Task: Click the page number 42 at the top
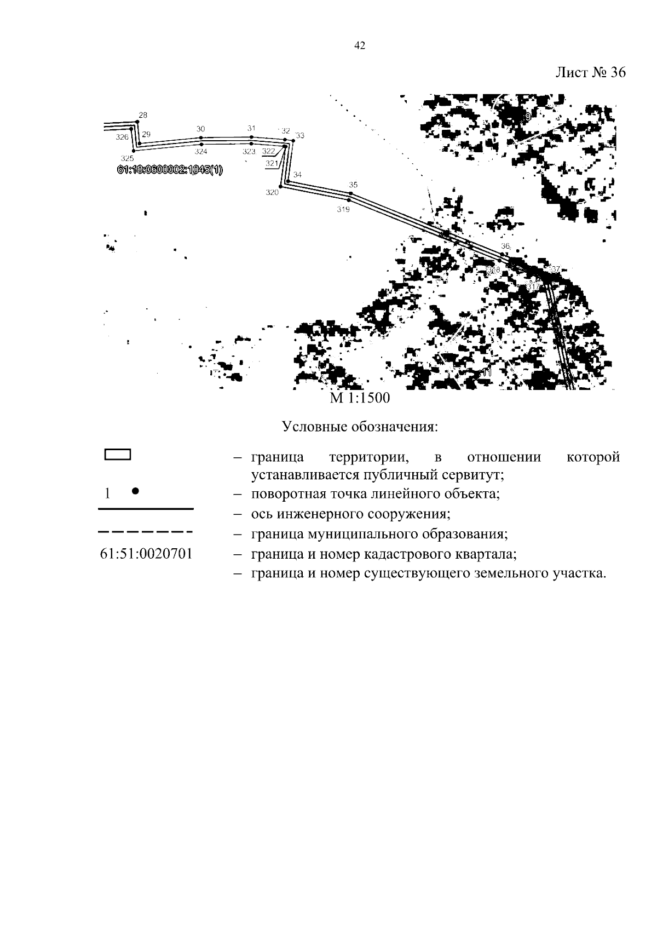(x=360, y=47)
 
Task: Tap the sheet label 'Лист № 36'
(x=590, y=73)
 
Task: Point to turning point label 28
(x=143, y=115)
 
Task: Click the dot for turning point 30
(x=201, y=137)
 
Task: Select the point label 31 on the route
(x=251, y=128)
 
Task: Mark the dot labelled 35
(x=351, y=193)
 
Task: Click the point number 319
(x=343, y=209)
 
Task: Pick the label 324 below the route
(x=201, y=152)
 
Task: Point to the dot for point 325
(x=132, y=151)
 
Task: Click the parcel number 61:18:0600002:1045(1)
(x=170, y=170)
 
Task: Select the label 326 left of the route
(x=122, y=137)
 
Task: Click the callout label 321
(x=272, y=163)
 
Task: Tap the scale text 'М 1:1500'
(x=360, y=398)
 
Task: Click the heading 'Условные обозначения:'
(x=360, y=427)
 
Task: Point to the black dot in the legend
(x=135, y=491)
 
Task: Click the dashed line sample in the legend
(x=145, y=532)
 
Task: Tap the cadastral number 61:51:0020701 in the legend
(x=146, y=553)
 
